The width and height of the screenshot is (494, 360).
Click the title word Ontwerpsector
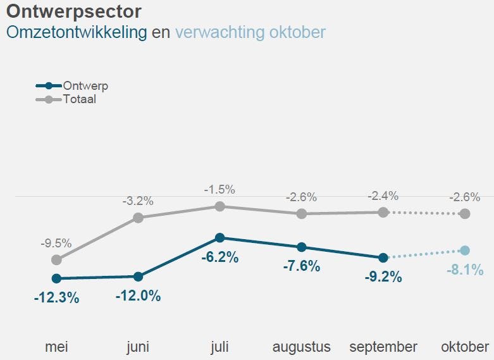coord(73,11)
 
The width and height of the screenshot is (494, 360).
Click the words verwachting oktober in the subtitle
coord(250,32)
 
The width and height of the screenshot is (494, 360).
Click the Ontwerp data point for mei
coord(56,278)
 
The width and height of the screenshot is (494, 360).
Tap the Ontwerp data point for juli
coord(219,238)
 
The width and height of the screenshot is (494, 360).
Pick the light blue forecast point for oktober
coord(465,251)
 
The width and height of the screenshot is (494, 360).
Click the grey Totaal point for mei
coord(56,259)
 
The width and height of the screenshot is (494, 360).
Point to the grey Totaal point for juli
coord(219,206)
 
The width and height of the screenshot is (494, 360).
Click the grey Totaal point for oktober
coord(465,214)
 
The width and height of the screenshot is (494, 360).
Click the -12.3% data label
coord(56,297)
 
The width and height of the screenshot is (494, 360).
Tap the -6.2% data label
coord(219,258)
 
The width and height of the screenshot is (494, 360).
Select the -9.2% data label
coord(383,277)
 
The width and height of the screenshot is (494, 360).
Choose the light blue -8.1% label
coord(464,270)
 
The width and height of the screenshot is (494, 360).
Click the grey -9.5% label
coord(56,243)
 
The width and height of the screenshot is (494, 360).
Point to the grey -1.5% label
coord(219,189)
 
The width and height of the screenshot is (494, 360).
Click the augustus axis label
coord(301,347)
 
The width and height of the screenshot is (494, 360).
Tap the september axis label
coord(383,347)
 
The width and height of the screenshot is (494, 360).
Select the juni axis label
coord(138,347)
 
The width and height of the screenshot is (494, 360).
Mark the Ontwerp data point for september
coord(383,258)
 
